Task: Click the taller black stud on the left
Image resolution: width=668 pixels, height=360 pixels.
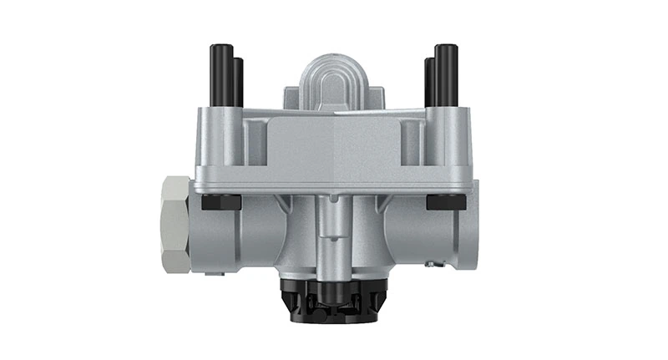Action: tap(222, 75)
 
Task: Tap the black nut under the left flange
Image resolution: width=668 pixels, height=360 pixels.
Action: tap(221, 202)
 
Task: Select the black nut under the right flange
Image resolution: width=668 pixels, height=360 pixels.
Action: tap(446, 202)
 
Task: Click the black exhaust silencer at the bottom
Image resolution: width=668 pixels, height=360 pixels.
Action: tap(333, 302)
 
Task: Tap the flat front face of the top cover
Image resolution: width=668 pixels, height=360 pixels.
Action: tap(334, 146)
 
